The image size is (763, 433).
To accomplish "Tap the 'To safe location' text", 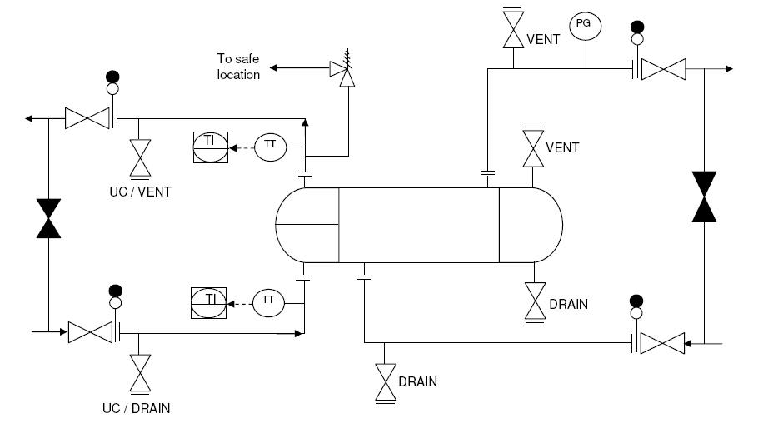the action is pyautogui.click(x=238, y=67).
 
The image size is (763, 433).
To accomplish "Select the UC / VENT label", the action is pyautogui.click(x=140, y=192).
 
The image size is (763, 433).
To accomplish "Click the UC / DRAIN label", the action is pyautogui.click(x=137, y=408).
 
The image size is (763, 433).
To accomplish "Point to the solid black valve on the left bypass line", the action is pyautogui.click(x=48, y=218).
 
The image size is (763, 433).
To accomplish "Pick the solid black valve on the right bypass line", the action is pyautogui.click(x=704, y=197).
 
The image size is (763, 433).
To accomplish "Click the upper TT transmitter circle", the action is pyautogui.click(x=270, y=147).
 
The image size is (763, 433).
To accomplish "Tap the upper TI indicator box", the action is pyautogui.click(x=211, y=147).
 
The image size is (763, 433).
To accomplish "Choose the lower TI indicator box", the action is pyautogui.click(x=208, y=302).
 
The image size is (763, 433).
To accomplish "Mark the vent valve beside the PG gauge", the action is pyautogui.click(x=513, y=28).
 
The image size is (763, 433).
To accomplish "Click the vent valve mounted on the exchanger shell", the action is pyautogui.click(x=533, y=147).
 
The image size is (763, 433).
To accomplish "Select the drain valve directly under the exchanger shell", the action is pyautogui.click(x=535, y=301).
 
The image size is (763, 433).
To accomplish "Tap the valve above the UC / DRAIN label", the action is pyautogui.click(x=140, y=373).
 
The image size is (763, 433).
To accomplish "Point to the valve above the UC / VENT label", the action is pyautogui.click(x=140, y=158).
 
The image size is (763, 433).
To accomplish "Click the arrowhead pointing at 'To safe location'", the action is pyautogui.click(x=273, y=68).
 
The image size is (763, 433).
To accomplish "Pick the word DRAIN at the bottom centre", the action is pyautogui.click(x=417, y=381).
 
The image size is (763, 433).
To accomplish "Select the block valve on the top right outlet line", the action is pyautogui.click(x=663, y=69).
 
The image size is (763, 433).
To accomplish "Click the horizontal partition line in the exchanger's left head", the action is pyautogui.click(x=307, y=224).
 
